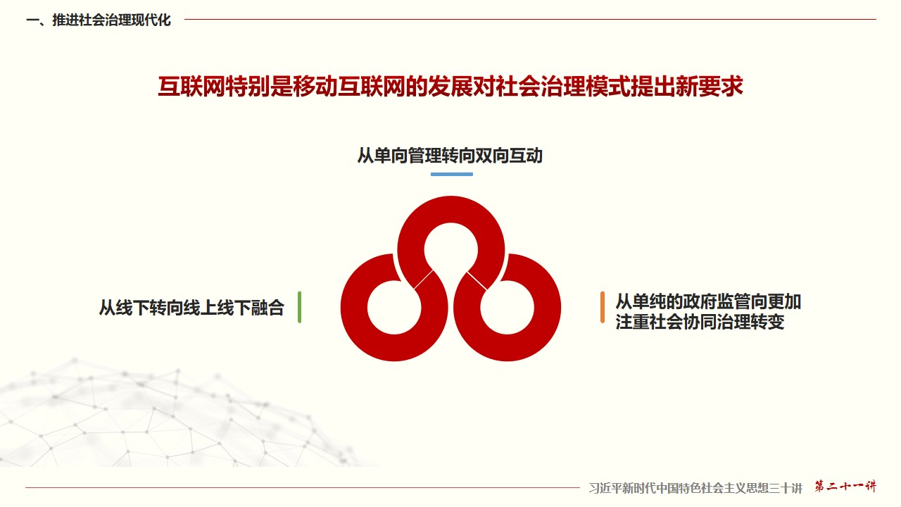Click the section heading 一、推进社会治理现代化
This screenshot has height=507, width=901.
click(x=99, y=20)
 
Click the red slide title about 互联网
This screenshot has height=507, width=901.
click(x=450, y=87)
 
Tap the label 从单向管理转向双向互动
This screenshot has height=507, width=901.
click(x=450, y=156)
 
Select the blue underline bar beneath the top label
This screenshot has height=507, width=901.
click(x=452, y=174)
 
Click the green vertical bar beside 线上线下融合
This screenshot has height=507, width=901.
click(x=299, y=307)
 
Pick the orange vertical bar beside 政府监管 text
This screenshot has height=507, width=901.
click(x=602, y=307)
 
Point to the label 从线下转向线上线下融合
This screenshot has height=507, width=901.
click(x=192, y=308)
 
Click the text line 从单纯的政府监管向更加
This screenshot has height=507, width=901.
click(x=708, y=302)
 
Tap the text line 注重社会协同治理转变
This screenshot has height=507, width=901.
click(x=700, y=322)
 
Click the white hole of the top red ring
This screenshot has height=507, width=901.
click(x=451, y=250)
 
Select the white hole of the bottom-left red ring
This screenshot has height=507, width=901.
click(x=394, y=308)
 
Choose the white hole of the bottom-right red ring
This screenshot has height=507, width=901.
click(x=508, y=308)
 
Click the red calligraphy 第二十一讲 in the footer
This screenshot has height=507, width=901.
click(x=845, y=487)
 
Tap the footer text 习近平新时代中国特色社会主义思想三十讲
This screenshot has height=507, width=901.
click(x=695, y=488)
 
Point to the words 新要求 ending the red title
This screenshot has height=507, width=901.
click(x=709, y=87)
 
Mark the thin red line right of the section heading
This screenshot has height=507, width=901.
click(x=530, y=19)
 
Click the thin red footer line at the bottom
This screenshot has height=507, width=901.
click(x=302, y=488)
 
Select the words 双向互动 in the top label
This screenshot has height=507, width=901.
click(x=509, y=156)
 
